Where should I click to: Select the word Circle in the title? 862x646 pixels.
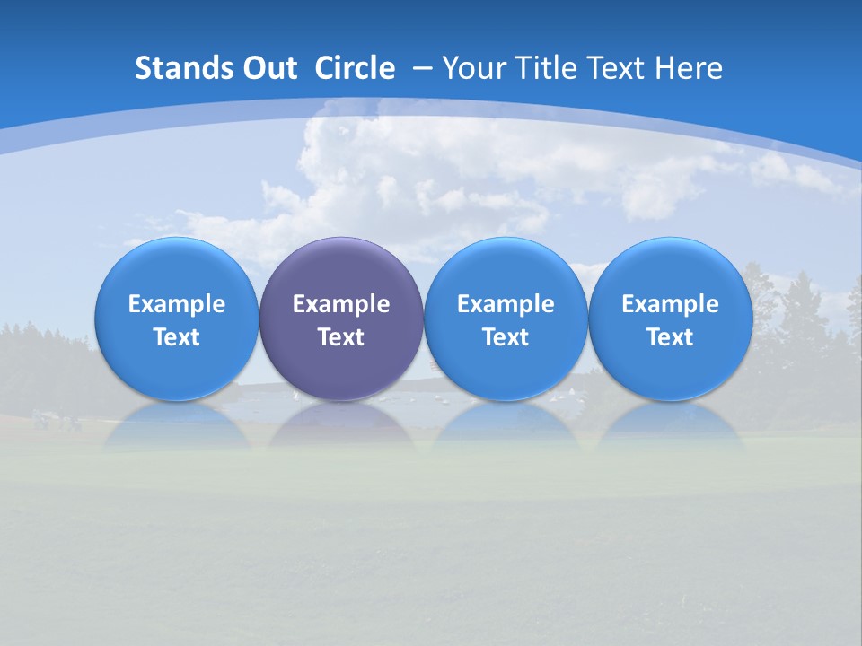coord(355,68)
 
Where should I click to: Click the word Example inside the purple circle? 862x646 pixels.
coord(341,304)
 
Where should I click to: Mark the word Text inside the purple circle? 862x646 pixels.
coord(341,337)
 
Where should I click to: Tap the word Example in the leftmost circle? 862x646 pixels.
coord(176,304)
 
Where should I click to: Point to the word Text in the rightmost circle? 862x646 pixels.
coord(670,337)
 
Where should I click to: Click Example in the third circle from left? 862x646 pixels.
coord(506,304)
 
